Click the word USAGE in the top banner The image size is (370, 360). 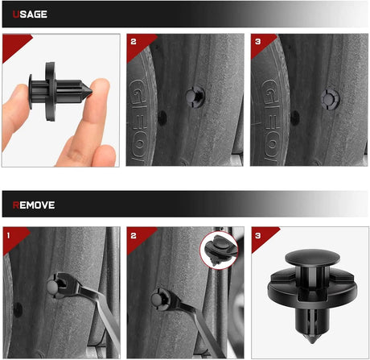(30, 14)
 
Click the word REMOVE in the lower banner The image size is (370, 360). (34, 205)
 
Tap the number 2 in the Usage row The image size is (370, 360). (134, 42)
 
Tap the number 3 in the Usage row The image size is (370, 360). (257, 42)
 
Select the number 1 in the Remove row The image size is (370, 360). (8, 235)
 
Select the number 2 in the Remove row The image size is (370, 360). (134, 235)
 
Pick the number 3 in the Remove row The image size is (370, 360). (257, 235)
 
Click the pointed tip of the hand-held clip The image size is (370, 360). (92, 92)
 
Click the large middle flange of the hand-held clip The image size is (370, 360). (51, 92)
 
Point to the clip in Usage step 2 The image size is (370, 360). (195, 97)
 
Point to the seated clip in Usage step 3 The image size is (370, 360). (330, 100)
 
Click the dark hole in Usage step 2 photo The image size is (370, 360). (162, 118)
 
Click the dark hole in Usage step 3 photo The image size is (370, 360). (295, 118)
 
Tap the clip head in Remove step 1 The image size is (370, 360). (52, 287)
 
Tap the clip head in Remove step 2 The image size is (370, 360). (156, 299)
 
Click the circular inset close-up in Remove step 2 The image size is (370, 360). (219, 250)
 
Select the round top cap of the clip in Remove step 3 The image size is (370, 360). (312, 257)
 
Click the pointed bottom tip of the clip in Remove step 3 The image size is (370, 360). (312, 341)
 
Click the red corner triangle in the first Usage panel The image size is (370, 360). (14, 45)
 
